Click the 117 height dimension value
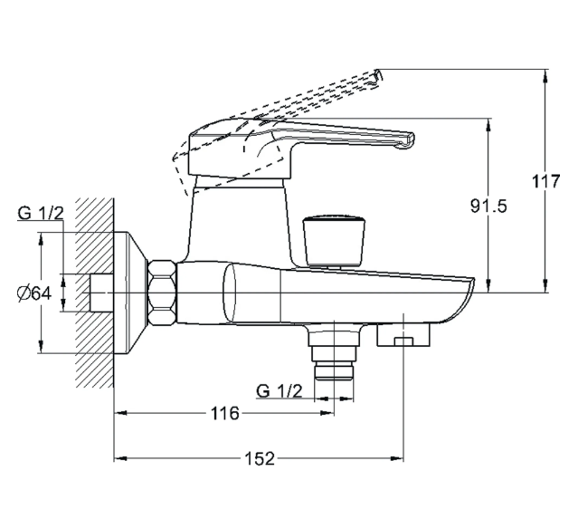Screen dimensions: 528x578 click(x=546, y=180)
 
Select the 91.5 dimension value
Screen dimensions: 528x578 click(x=488, y=206)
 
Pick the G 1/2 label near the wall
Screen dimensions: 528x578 click(x=41, y=214)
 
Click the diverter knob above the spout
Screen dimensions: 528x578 click(x=333, y=239)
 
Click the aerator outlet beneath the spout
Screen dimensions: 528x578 click(x=404, y=337)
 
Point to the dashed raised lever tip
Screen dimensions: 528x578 click(x=378, y=73)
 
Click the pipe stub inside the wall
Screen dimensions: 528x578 click(x=101, y=293)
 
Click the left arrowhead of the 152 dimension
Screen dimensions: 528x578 click(x=118, y=459)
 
